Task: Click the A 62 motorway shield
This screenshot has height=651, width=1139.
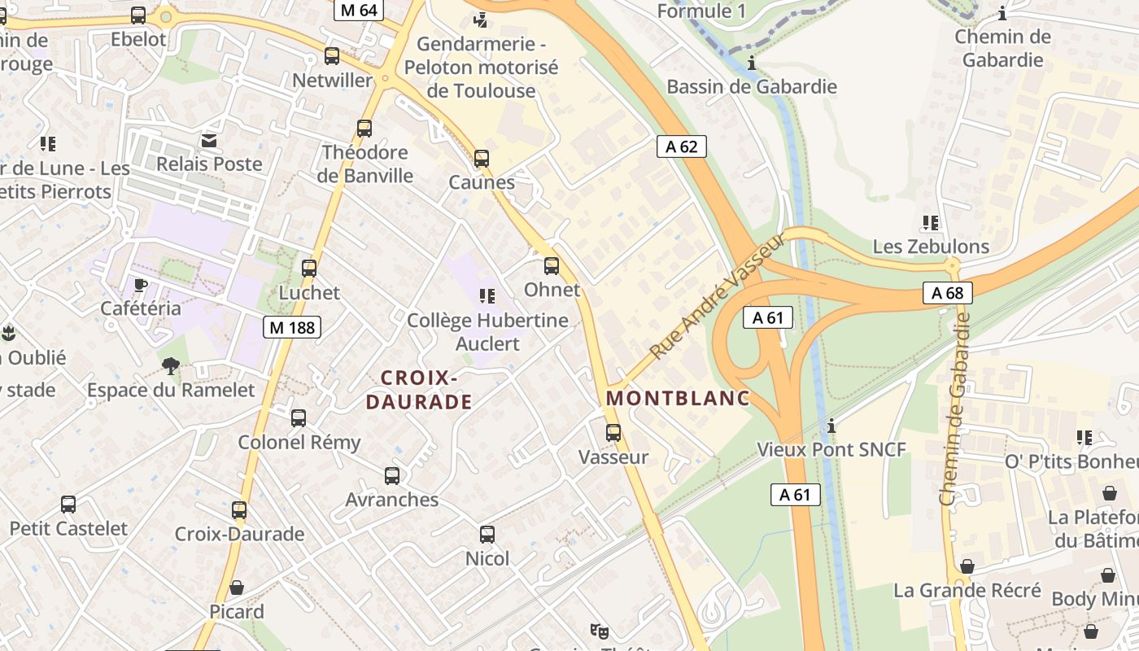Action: click(681, 146)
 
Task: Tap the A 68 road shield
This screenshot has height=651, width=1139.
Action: click(948, 293)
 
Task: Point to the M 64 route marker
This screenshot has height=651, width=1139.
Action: click(359, 10)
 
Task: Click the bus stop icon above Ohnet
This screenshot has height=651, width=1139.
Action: click(552, 266)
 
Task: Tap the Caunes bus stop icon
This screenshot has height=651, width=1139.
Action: click(482, 159)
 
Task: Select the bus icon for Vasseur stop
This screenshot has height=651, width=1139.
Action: click(613, 433)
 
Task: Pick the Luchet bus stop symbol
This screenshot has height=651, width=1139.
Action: click(309, 269)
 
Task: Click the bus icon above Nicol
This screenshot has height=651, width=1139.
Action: click(487, 535)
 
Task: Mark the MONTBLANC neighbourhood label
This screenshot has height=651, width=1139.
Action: click(678, 399)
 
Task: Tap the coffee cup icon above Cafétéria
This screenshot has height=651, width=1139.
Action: click(141, 285)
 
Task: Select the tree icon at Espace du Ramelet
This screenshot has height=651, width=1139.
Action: click(171, 365)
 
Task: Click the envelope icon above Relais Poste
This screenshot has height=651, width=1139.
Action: click(210, 141)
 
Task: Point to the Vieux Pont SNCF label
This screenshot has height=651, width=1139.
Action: click(831, 449)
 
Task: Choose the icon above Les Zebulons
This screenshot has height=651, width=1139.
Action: click(931, 222)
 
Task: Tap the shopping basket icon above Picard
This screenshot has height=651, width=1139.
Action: click(237, 588)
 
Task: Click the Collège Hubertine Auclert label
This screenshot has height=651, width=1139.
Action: click(487, 331)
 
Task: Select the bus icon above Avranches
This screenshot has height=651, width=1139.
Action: click(392, 476)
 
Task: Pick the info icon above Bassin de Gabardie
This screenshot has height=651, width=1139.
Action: click(752, 63)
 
